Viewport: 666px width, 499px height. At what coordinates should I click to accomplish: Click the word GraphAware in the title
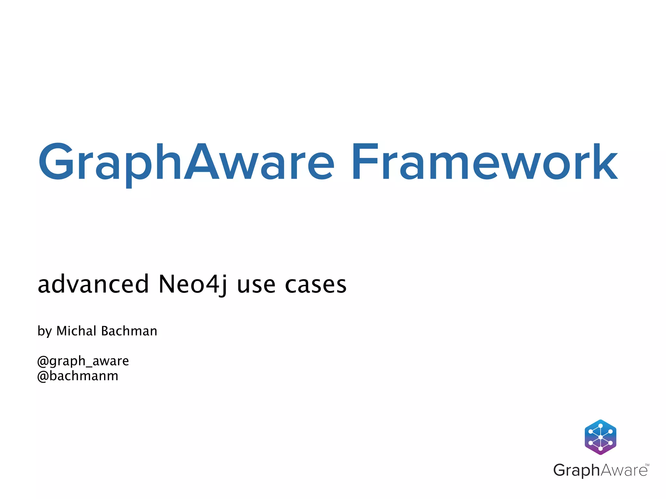(x=186, y=162)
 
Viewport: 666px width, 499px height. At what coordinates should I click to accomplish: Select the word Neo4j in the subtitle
(x=193, y=285)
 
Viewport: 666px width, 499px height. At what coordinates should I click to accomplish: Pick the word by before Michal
(x=45, y=331)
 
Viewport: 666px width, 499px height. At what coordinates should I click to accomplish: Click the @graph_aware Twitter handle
(x=83, y=361)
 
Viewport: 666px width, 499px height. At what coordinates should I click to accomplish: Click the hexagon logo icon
(x=600, y=437)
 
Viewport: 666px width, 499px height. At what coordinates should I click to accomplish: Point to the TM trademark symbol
(x=647, y=465)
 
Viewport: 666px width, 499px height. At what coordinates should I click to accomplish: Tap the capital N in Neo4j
(x=168, y=284)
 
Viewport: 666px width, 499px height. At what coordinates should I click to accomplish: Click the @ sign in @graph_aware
(x=43, y=361)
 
